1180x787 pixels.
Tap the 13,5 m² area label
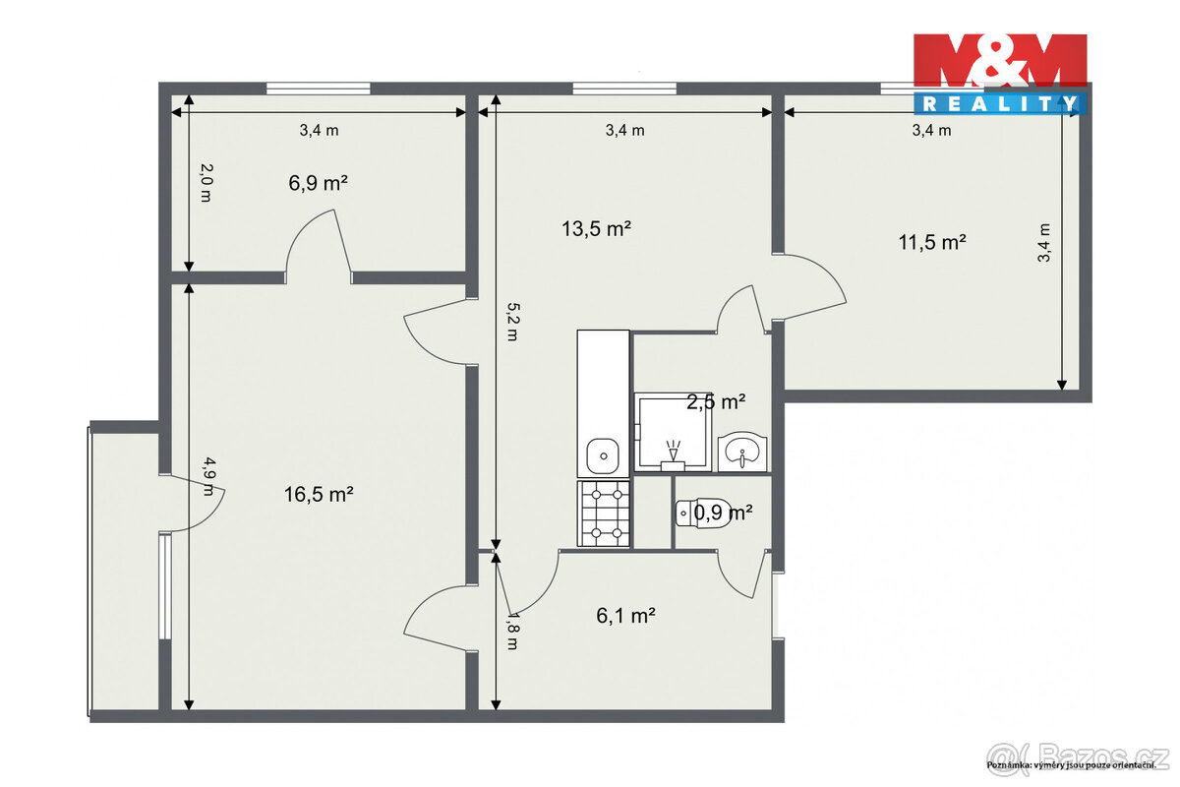tap(596, 229)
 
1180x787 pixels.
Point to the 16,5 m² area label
tap(320, 495)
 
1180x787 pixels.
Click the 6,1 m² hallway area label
tap(626, 616)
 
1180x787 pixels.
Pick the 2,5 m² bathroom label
tap(716, 401)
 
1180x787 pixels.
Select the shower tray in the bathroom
tap(672, 430)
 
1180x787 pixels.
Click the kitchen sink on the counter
tap(602, 455)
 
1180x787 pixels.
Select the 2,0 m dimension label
tap(205, 183)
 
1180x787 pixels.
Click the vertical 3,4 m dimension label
tap(1044, 242)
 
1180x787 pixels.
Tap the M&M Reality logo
tap(999, 74)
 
